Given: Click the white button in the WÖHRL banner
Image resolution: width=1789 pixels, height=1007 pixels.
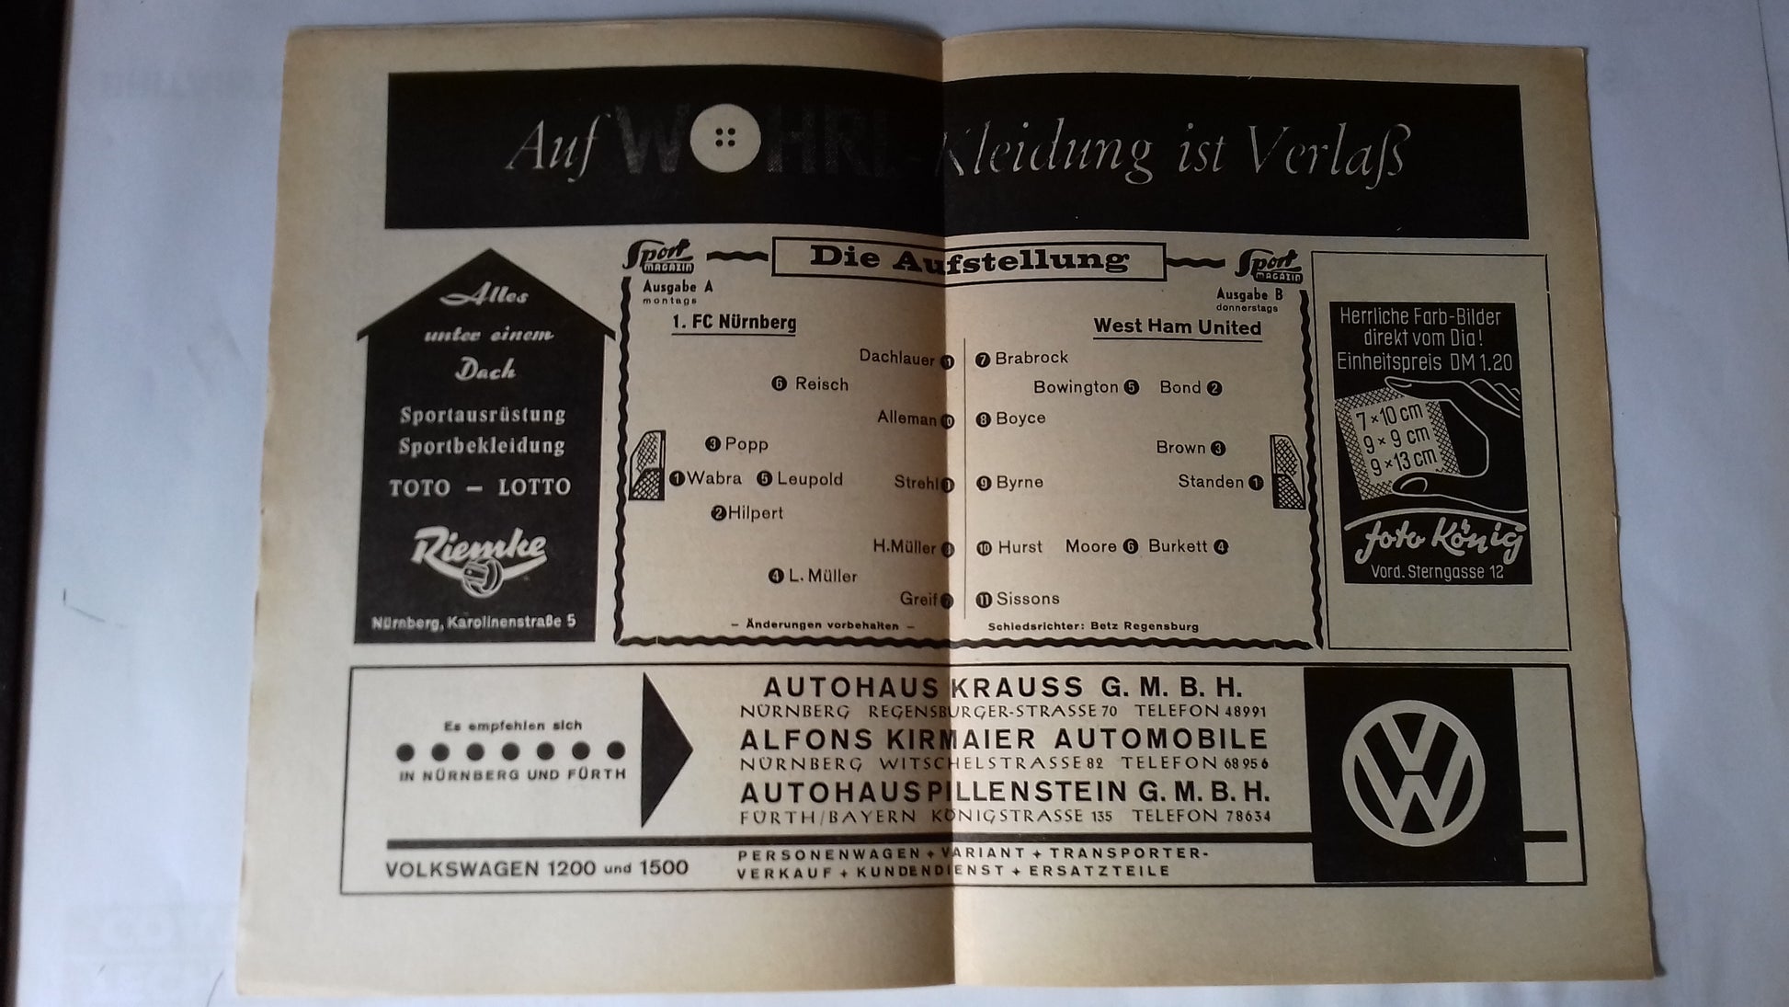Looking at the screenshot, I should tap(725, 139).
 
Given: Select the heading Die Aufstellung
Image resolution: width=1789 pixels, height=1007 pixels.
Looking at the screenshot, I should tap(969, 259).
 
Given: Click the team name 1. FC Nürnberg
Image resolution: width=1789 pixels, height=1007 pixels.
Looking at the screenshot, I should tap(734, 323).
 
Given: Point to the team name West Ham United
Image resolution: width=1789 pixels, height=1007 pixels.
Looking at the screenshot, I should tap(1177, 327).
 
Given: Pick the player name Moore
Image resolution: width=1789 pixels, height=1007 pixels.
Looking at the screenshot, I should tap(1090, 546).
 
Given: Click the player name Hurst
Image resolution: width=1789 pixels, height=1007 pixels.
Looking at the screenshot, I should tap(1020, 547).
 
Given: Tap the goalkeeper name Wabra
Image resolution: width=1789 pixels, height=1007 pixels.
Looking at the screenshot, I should tap(713, 478).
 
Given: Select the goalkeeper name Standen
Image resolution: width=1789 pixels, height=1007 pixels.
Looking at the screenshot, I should tap(1210, 482).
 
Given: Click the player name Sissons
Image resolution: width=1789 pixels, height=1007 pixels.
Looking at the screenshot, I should tap(1028, 599).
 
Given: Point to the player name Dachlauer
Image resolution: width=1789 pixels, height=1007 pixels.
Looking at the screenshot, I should tap(896, 358).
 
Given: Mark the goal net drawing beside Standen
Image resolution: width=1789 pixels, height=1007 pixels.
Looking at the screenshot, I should tap(1287, 472).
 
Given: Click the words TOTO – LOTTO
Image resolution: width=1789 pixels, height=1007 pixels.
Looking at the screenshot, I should tap(479, 487).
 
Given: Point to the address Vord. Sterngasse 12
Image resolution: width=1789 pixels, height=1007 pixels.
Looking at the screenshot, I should tap(1437, 572).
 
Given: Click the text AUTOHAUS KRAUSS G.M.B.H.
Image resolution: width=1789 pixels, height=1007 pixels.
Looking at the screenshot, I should tap(1002, 688).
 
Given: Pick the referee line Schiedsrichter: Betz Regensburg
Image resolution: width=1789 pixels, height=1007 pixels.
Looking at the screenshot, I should tap(1093, 626).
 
